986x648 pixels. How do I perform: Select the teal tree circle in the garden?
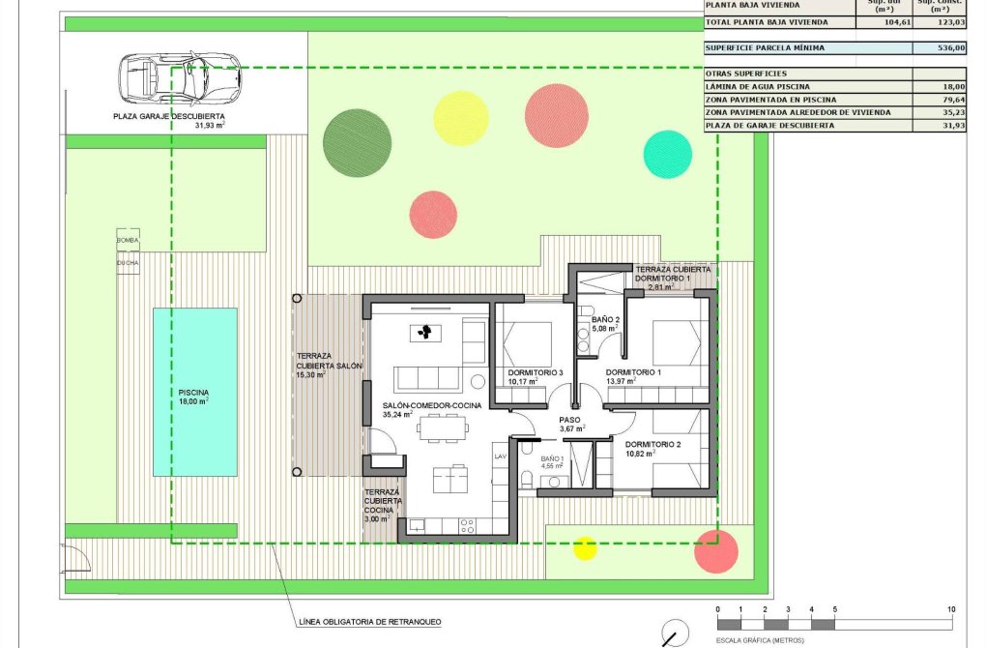(x=667, y=154)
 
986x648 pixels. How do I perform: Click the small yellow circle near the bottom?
(x=585, y=548)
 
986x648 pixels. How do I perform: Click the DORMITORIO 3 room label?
(x=535, y=372)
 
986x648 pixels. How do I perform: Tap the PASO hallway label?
(x=569, y=419)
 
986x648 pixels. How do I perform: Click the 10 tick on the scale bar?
(x=952, y=608)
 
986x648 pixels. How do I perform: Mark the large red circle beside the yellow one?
(x=556, y=115)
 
